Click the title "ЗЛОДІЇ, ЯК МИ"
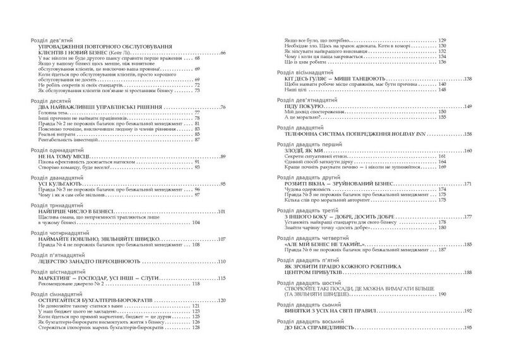coord(310,151)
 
